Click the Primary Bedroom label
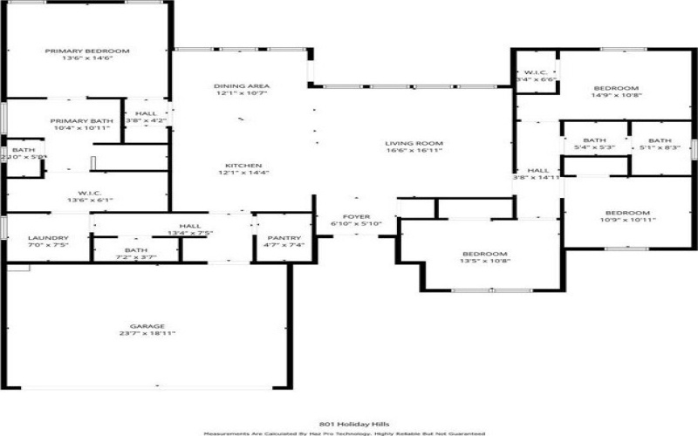click(87, 51)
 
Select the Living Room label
click(414, 143)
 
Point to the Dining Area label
click(242, 85)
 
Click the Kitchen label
click(244, 165)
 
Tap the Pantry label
click(284, 238)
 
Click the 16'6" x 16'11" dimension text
click(414, 152)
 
